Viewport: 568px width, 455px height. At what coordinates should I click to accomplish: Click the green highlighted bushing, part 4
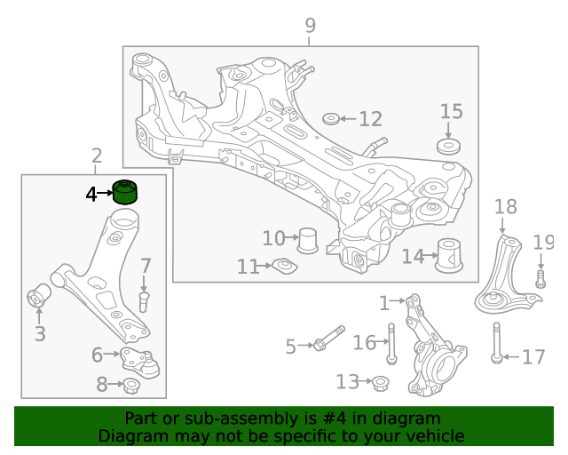pos(126,192)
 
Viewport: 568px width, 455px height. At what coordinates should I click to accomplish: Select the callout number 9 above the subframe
pos(310,26)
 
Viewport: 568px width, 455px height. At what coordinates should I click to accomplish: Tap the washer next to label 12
pos(330,119)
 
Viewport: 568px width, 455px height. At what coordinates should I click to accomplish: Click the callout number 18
pos(505,208)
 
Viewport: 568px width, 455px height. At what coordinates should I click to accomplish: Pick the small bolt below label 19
pos(540,280)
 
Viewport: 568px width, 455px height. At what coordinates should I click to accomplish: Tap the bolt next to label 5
pos(327,340)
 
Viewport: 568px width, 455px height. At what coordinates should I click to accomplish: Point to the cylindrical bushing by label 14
pos(451,257)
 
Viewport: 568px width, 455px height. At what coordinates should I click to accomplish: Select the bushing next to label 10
pos(308,240)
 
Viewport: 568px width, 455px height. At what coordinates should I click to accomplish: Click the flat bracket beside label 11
pos(283,266)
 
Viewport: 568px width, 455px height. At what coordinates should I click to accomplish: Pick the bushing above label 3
pos(39,294)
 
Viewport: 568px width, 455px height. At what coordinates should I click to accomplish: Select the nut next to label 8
pos(130,386)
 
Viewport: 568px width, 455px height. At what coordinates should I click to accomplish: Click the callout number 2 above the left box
pos(96,157)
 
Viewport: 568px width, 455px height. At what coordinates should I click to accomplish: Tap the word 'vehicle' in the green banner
pos(433,435)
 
